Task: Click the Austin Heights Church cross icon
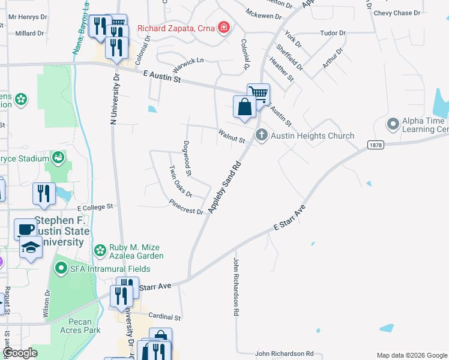(261, 135)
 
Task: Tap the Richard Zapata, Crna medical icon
(223, 28)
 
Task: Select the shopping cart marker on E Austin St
(258, 92)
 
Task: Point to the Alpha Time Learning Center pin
(393, 124)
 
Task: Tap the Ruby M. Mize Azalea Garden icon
(100, 250)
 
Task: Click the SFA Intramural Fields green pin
(61, 267)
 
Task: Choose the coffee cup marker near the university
(25, 229)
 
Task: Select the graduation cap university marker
(31, 247)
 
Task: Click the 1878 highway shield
(376, 145)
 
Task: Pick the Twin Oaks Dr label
(179, 181)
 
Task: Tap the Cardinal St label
(164, 316)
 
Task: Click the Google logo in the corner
(21, 353)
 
